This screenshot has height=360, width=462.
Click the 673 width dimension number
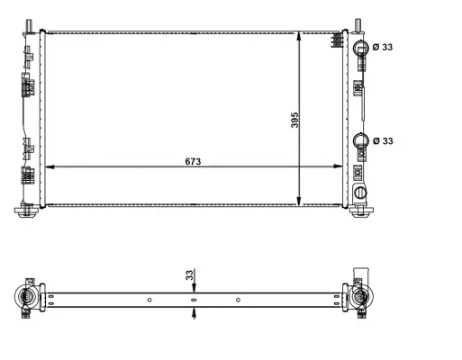pyautogui.click(x=192, y=160)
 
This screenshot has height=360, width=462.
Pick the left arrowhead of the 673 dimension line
pyautogui.click(x=50, y=167)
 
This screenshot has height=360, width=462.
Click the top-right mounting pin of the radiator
pyautogui.click(x=358, y=24)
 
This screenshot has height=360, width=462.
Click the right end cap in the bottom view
pyautogui.click(x=361, y=298)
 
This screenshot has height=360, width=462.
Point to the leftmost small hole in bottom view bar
pyautogui.click(x=149, y=300)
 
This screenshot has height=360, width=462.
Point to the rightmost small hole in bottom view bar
pyautogui.click(x=238, y=300)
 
